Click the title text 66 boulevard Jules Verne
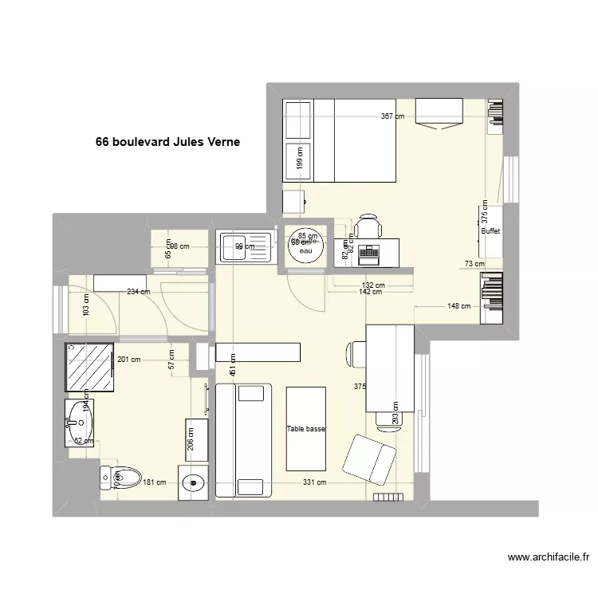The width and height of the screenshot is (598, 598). click(x=167, y=143)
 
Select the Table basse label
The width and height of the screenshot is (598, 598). click(x=306, y=429)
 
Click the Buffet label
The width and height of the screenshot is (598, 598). click(x=491, y=232)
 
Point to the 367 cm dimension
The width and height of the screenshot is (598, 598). click(x=392, y=116)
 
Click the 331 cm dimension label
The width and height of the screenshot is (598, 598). click(x=314, y=482)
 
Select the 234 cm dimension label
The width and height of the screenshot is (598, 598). click(x=138, y=292)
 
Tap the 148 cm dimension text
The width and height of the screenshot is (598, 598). click(x=458, y=305)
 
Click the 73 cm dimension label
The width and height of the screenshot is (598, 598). click(x=474, y=264)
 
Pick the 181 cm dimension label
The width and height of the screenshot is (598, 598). click(x=154, y=482)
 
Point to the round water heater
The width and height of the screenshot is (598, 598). click(x=305, y=240)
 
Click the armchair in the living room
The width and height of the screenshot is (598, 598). click(x=369, y=459)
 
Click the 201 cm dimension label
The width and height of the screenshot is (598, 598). click(x=128, y=359)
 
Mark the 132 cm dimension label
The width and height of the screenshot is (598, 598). click(x=373, y=285)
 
